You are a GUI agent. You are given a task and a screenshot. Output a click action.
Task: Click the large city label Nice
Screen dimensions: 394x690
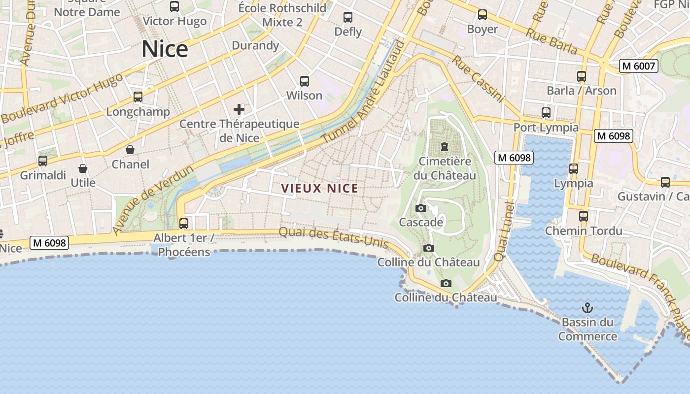coord(165,49)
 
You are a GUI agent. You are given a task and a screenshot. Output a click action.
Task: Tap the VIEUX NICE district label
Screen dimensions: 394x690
coord(319,188)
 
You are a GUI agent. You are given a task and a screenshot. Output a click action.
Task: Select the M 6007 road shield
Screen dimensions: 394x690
coord(639,66)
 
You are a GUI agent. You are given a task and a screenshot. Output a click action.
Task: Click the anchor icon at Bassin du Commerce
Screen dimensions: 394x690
coord(587,308)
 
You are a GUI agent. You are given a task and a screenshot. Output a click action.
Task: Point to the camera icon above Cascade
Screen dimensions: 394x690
coord(421,208)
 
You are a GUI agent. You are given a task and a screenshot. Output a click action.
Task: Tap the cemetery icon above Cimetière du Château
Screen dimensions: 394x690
coord(445,147)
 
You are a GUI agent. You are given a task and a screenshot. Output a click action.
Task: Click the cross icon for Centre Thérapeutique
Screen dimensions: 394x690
coord(239,109)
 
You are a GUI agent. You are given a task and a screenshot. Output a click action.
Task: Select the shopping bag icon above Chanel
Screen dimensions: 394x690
coord(130,150)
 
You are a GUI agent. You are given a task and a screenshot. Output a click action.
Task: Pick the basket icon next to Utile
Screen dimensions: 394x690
coord(83,169)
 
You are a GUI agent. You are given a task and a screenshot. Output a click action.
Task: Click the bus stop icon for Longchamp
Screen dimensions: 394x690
coord(138,97)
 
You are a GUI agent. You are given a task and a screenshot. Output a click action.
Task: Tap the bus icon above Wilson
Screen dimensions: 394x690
coord(305,81)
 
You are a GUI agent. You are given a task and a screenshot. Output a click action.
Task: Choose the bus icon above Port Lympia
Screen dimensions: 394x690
coord(546,113)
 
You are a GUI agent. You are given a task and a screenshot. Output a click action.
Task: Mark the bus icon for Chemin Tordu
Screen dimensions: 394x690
coord(584,216)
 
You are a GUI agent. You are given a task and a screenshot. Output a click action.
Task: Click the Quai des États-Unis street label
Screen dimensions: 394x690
coord(334,239)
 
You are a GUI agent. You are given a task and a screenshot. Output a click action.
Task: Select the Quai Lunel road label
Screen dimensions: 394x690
coord(503,231)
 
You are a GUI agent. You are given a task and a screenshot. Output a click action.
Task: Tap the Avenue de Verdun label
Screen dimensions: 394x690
coord(153,200)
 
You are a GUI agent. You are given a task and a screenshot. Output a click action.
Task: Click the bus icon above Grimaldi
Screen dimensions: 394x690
coord(43,161)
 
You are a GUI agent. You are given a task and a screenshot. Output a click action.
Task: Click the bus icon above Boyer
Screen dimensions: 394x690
coord(483,15)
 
